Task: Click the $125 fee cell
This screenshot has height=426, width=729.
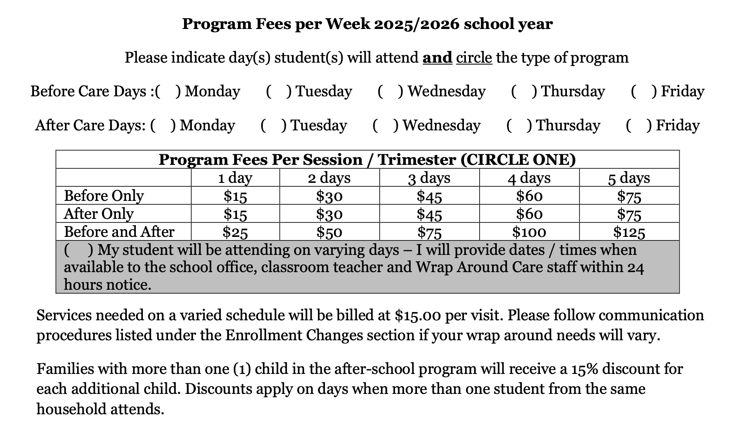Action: (x=629, y=232)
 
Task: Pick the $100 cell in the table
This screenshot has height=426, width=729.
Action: (x=529, y=232)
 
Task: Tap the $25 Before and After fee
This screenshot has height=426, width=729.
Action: (x=235, y=232)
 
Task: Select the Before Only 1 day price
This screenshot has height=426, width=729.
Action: (x=235, y=196)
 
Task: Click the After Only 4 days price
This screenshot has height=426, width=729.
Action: (x=529, y=214)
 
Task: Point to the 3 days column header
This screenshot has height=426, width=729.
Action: (x=429, y=178)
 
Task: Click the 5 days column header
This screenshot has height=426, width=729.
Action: (x=629, y=178)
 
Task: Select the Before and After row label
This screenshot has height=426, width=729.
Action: (x=119, y=232)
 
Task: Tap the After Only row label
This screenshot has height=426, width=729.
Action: (x=99, y=214)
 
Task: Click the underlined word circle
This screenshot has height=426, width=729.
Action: (x=474, y=58)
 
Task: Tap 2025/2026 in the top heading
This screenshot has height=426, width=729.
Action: (x=416, y=24)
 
